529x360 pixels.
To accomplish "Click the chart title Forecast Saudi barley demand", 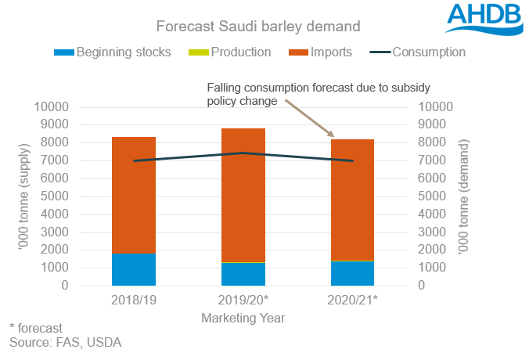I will [x=258, y=26].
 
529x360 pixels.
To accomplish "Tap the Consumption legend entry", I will [x=418, y=52].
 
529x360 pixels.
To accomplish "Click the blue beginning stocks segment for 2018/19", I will [x=134, y=269].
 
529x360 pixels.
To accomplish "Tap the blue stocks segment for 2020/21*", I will [x=352, y=273].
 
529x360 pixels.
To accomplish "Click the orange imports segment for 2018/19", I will [x=134, y=195].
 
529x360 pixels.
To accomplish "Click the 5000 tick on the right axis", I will [x=434, y=196].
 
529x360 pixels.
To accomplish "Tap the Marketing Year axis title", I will [x=243, y=319].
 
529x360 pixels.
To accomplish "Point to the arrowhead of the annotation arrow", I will [x=335, y=137].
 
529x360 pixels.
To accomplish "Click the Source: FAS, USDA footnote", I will [x=66, y=343].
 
